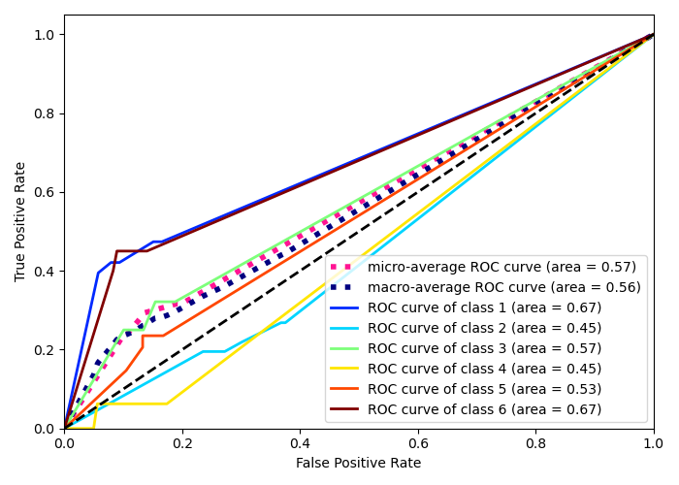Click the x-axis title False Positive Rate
point(358,464)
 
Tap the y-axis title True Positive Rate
point(20,221)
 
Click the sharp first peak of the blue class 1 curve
point(98,273)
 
